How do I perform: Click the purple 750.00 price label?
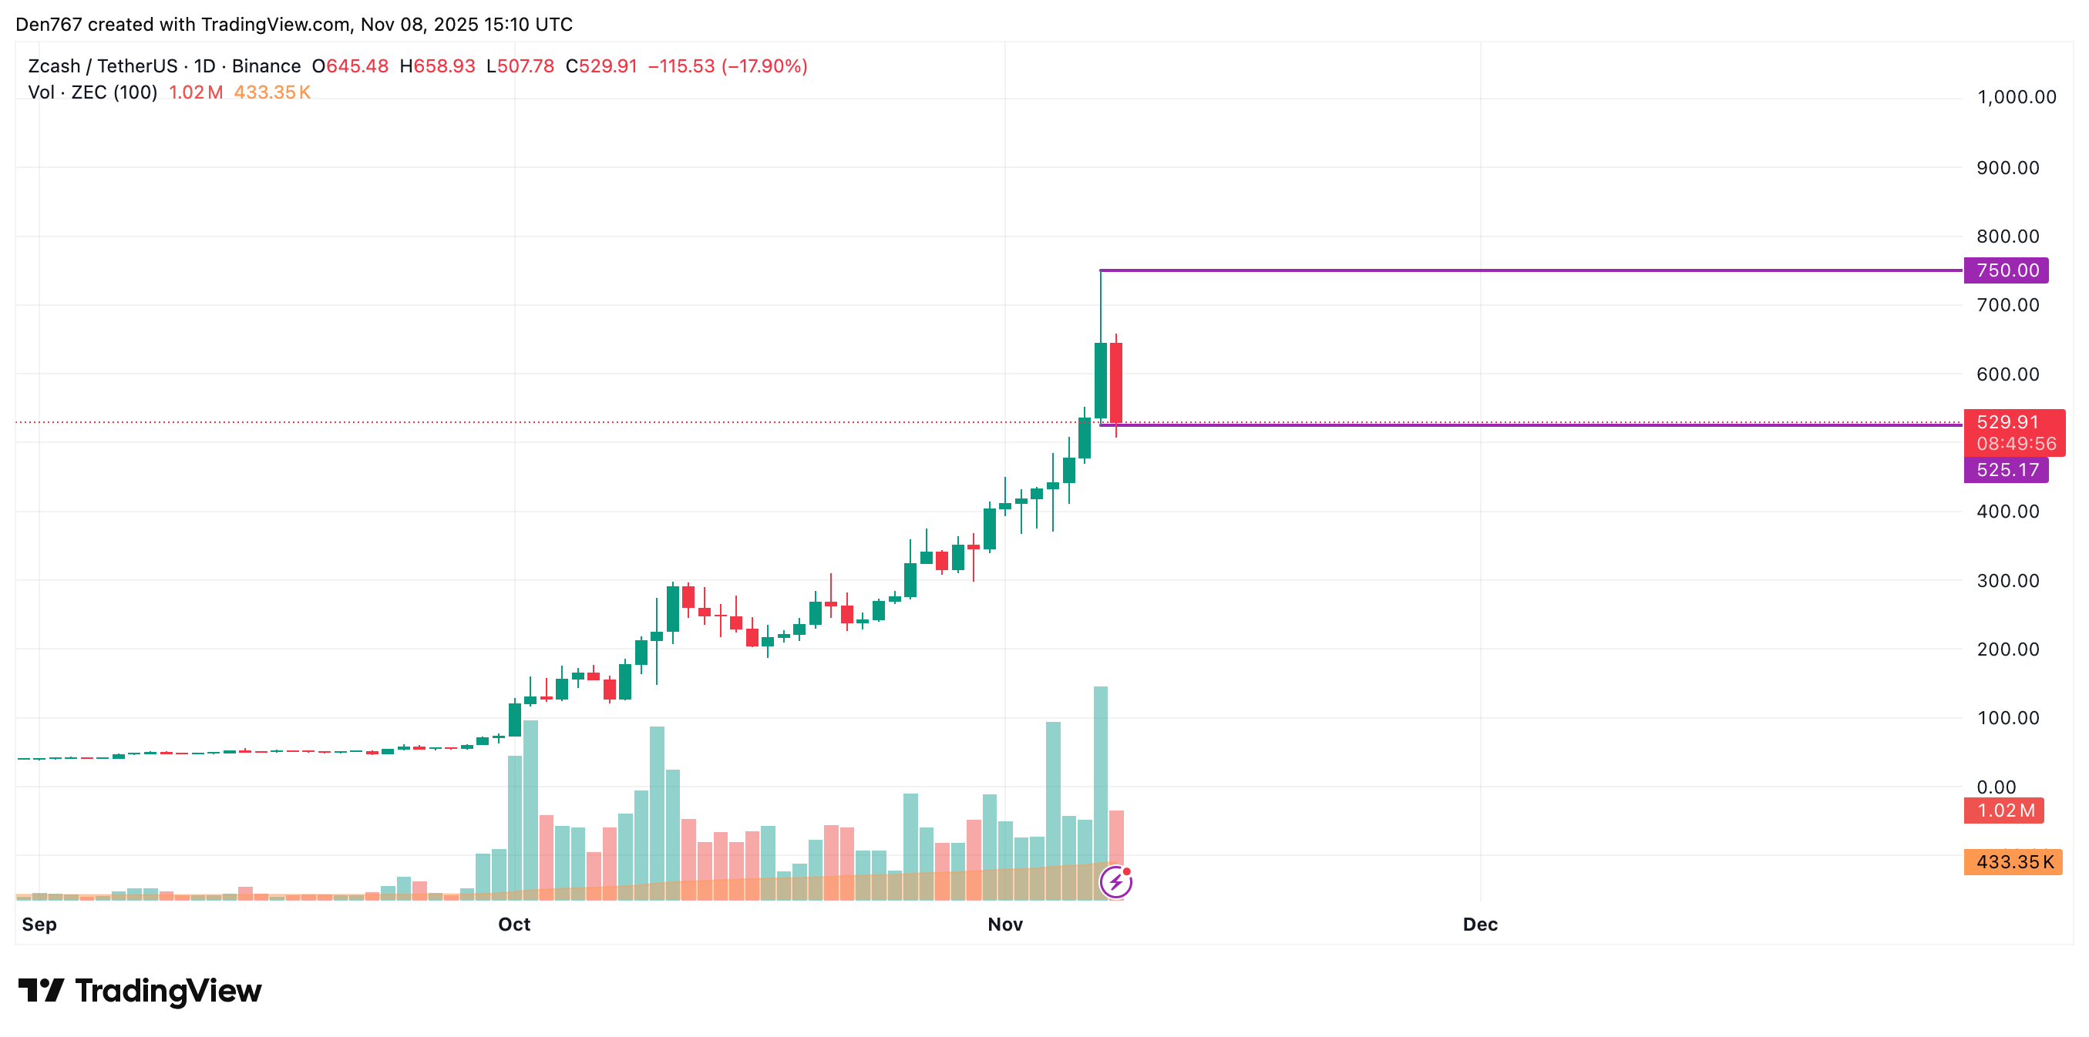pos(2006,270)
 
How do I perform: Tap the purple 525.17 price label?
pos(2006,469)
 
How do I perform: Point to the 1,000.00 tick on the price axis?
pos(2016,97)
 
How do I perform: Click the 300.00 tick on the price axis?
pos(2007,581)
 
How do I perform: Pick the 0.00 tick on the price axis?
pos(1996,787)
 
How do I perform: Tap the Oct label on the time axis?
pos(514,925)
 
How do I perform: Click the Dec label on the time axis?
pos(1480,925)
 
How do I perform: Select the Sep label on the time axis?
pos(39,925)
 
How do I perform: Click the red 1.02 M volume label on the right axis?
pos(2004,810)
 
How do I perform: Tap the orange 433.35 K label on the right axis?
pos(2013,861)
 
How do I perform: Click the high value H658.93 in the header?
pos(437,66)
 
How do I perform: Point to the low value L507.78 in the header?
pos(520,66)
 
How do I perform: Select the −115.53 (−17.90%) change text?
pos(728,66)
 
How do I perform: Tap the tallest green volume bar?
pos(1101,790)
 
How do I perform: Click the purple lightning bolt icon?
pos(1116,881)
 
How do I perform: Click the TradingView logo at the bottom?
pos(140,991)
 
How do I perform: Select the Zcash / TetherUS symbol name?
pos(103,66)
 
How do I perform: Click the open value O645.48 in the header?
pos(350,66)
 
